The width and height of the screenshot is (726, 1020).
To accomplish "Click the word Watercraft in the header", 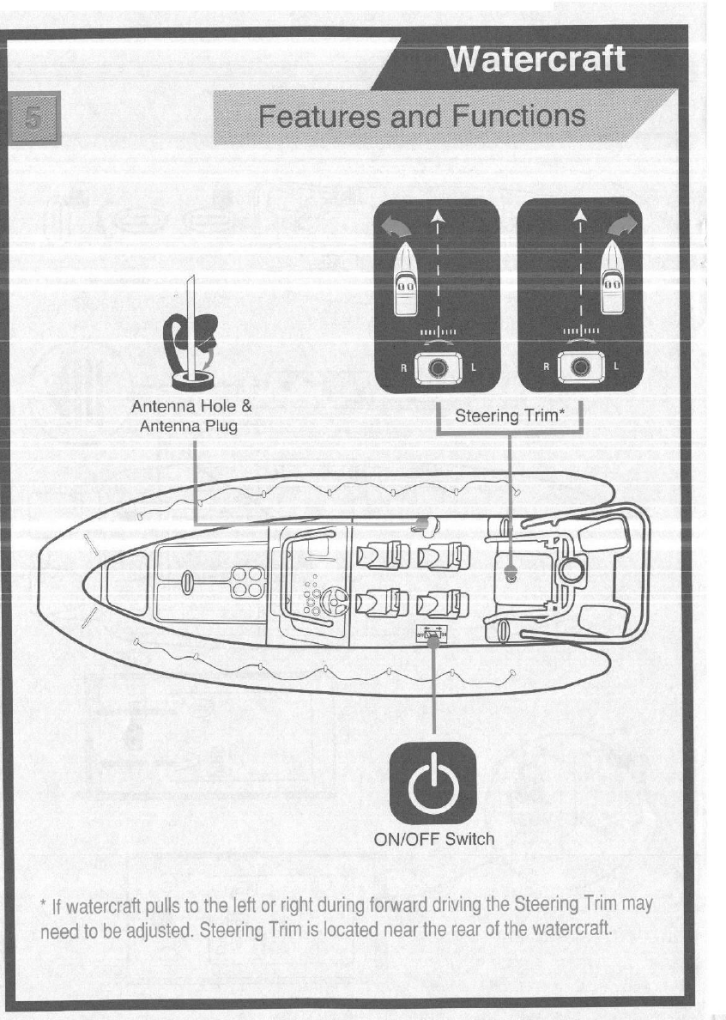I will [536, 60].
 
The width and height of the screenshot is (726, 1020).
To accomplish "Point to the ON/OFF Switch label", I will [434, 838].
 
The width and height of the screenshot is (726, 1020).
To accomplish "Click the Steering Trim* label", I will [509, 417].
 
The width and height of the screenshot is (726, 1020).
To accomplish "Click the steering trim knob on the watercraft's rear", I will [511, 576].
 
